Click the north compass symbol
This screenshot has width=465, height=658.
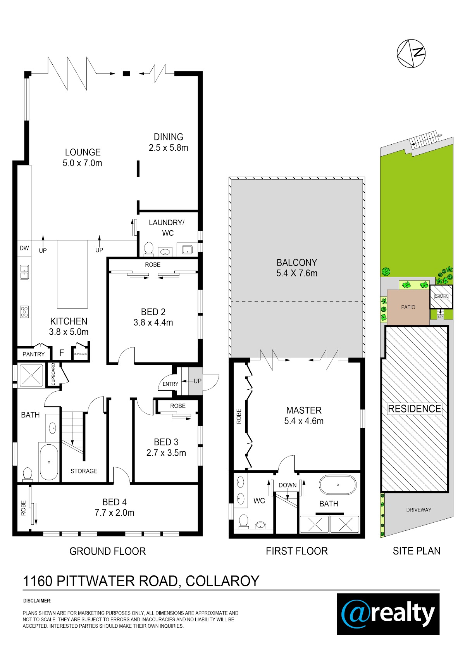411,54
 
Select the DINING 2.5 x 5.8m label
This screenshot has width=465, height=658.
169,142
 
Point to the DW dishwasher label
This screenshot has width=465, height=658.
24,248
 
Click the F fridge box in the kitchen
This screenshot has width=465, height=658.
62,353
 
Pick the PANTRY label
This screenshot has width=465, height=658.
33,354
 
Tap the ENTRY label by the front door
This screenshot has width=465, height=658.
170,384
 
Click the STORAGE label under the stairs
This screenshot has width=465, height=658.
84,471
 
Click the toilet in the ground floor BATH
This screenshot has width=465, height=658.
27,474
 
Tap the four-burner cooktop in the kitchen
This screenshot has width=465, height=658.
24,312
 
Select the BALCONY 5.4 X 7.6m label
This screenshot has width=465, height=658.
297,268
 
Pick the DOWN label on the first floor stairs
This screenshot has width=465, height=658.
288,485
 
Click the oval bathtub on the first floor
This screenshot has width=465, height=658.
338,485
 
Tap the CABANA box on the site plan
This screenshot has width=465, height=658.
441,297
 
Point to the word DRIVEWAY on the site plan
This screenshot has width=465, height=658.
418,510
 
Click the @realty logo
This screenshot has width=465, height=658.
388,614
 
